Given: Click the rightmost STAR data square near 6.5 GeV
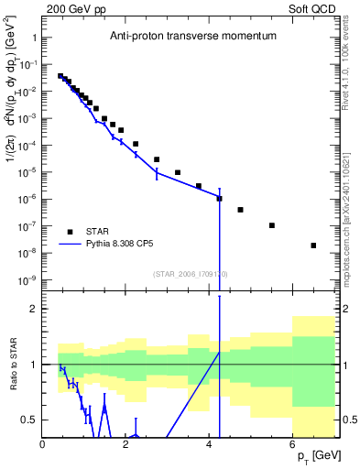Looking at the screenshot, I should [313, 245].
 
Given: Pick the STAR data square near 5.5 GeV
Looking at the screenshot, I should [272, 225].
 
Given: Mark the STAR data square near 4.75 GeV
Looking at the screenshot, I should [240, 210].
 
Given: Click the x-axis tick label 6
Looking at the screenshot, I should [293, 444].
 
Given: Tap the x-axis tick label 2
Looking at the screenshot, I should [126, 444].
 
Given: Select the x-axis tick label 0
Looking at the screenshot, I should [43, 444].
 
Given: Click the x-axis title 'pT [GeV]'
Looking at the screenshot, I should [315, 456].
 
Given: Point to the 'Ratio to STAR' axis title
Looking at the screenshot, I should [13, 365].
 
